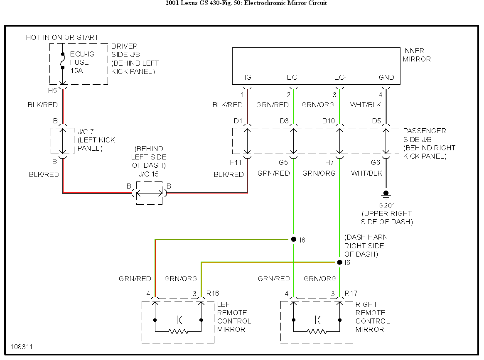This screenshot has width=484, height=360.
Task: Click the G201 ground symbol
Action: click(386, 195)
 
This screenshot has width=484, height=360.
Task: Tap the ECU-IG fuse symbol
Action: click(63, 61)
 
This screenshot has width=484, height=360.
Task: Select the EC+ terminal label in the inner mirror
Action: click(294, 77)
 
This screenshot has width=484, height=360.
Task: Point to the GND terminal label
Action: click(386, 77)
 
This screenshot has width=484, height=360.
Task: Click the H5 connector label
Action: click(52, 91)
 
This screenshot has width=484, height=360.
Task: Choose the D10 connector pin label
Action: click(329, 121)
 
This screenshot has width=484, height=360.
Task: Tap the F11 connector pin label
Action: click(236, 163)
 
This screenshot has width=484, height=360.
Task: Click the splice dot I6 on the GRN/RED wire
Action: click(294, 240)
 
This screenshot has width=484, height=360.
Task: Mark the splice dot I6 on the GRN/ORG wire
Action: click(339, 262)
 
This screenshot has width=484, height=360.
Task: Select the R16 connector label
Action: click(212, 294)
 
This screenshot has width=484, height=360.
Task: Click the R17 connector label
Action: click(351, 294)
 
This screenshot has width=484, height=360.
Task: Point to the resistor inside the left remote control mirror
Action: click(178, 332)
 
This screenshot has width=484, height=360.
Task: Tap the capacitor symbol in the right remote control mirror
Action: click(317, 320)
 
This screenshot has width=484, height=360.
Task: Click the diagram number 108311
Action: click(21, 347)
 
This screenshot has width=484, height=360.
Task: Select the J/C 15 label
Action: click(149, 174)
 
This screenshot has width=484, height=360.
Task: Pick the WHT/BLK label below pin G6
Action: click(366, 174)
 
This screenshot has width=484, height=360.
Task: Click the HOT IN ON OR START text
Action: click(62, 38)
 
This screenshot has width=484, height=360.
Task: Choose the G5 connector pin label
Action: click(283, 163)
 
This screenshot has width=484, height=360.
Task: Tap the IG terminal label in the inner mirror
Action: click(248, 77)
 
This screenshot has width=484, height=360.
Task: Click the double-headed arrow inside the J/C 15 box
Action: click(149, 193)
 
